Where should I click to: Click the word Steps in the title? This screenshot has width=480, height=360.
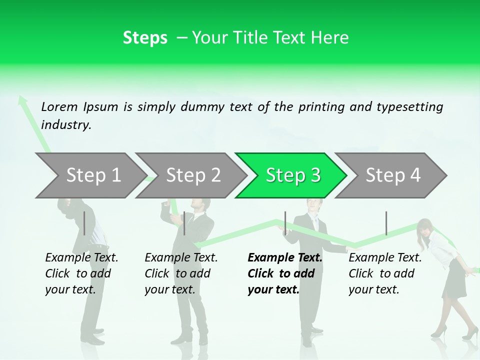(x=145, y=37)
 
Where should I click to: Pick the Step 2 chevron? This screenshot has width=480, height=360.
(x=191, y=175)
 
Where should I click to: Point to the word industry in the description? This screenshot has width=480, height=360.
(x=66, y=125)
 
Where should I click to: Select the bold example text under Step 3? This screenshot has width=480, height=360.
(x=284, y=273)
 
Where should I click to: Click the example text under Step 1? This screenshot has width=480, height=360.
(x=81, y=273)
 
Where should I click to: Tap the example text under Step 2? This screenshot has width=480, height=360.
(x=181, y=273)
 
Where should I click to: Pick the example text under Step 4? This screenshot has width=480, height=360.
(x=385, y=273)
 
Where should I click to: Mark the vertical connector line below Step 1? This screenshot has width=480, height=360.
(x=84, y=223)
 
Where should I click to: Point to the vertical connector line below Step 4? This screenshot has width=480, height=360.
(x=386, y=223)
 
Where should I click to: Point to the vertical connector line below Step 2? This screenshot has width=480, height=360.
(x=184, y=223)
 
